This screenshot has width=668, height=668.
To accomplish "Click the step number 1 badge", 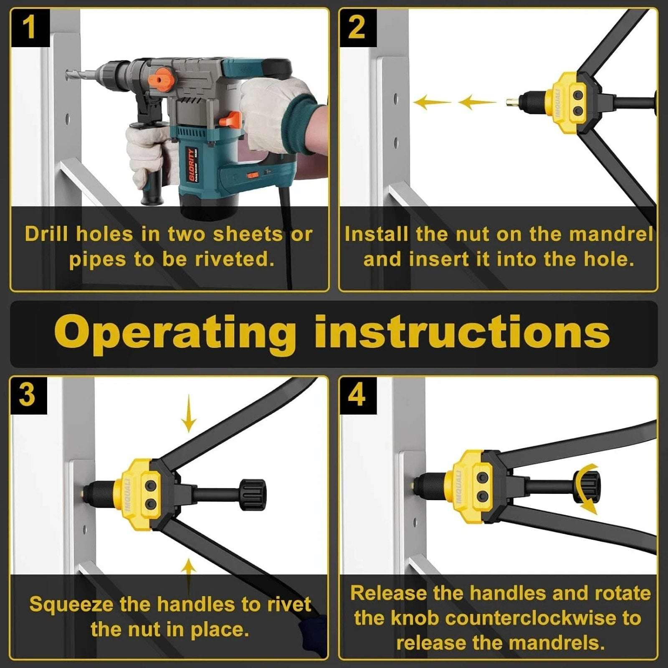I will (29, 28).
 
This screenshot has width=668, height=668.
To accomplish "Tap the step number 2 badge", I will (357, 28).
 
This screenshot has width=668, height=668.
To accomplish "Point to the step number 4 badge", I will (357, 395).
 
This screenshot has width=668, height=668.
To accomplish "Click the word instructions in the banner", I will (462, 332).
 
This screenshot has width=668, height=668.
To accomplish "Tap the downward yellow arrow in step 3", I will (189, 413).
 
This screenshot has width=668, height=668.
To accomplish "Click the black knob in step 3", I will (252, 495).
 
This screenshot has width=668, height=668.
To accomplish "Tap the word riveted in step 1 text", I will (235, 259).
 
